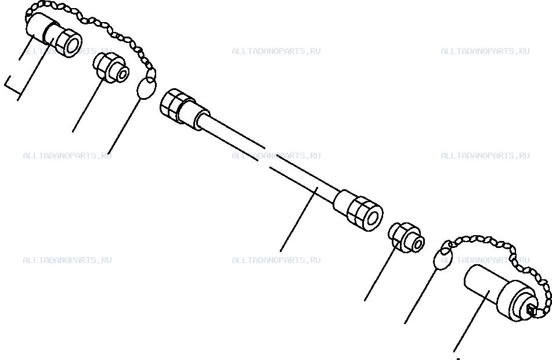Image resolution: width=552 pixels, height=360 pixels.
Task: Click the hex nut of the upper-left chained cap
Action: click(x=68, y=42)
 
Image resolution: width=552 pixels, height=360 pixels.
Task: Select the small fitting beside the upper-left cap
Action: click(x=111, y=67)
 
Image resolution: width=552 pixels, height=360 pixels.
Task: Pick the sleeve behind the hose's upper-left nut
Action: click(x=193, y=112)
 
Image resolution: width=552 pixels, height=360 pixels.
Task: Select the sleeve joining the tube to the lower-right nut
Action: click(x=344, y=201)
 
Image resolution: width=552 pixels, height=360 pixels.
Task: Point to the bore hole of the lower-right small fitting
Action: click(x=418, y=244)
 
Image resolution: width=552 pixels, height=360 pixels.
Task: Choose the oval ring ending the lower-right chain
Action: click(x=442, y=258)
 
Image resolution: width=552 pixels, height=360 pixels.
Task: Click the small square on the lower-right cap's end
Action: click(x=531, y=310)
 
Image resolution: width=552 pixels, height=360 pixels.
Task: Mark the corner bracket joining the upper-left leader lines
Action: click(x=12, y=85)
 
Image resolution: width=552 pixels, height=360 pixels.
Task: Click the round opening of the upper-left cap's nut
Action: click(x=73, y=45)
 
